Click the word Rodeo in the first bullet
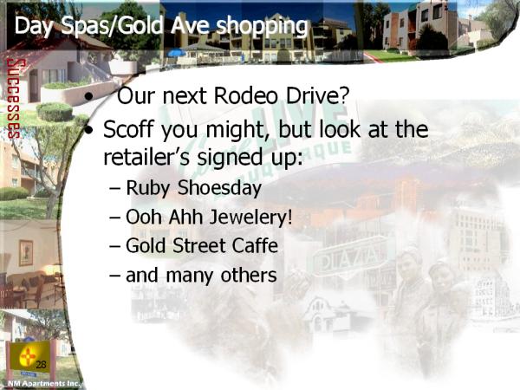[246, 95]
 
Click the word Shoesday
[219, 188]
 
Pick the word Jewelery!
[251, 218]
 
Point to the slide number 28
[41, 365]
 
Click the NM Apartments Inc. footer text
[43, 384]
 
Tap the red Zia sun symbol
[27, 357]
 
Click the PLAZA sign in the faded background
[350, 257]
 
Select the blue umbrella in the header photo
[177, 53]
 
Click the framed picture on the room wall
[26, 253]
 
